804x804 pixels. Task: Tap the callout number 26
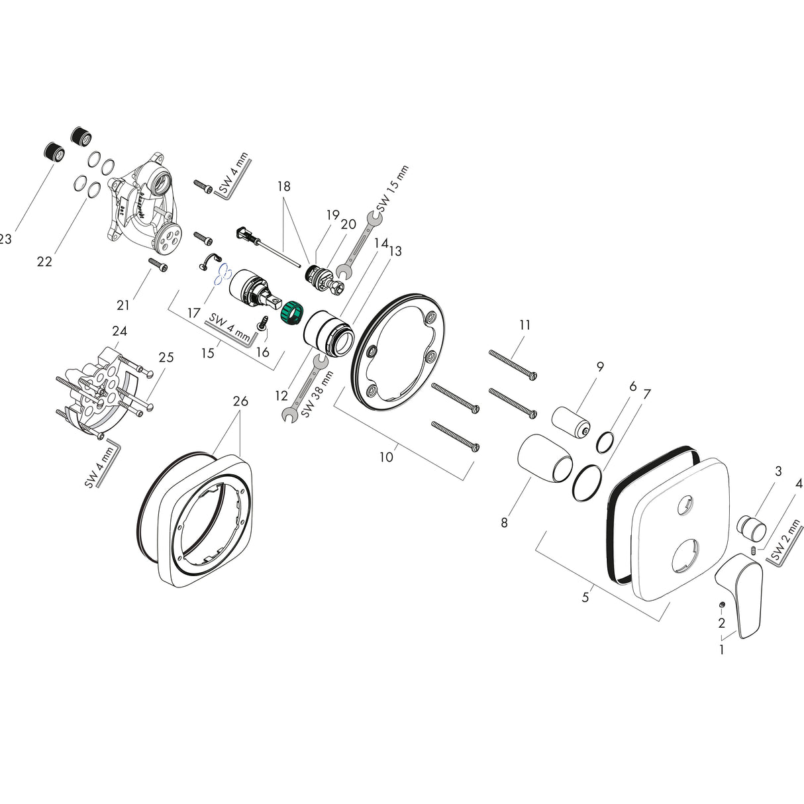[240, 401]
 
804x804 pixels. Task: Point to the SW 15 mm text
[395, 189]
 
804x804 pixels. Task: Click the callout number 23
[5, 240]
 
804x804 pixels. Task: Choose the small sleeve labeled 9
[572, 423]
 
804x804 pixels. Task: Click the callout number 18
[283, 187]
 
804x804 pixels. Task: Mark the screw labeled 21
[159, 265]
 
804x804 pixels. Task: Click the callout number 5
[585, 597]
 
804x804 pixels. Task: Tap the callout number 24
[120, 330]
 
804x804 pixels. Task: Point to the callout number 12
[281, 396]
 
